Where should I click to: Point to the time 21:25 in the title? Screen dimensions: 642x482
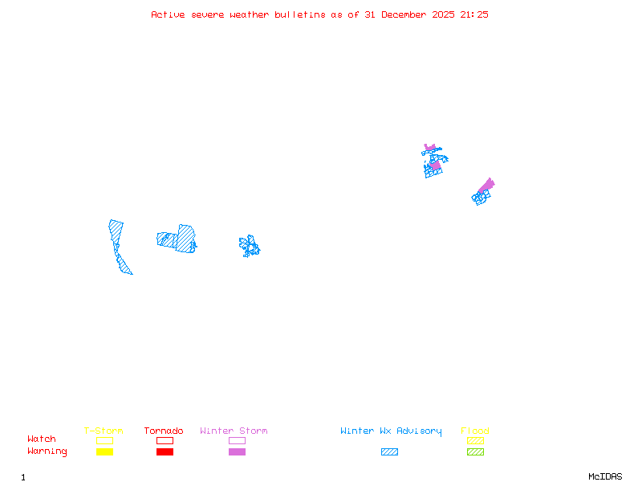473,14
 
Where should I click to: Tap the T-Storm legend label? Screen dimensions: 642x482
104,431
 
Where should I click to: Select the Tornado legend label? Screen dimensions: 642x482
164,431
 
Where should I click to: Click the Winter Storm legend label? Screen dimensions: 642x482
234,431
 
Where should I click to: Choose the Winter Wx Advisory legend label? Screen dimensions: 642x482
391,431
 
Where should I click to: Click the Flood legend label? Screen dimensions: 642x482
475,431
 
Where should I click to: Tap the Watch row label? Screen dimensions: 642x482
42,439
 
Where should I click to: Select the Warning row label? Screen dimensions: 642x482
47,451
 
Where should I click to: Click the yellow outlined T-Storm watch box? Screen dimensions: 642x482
104,440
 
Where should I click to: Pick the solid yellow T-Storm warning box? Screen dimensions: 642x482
104,452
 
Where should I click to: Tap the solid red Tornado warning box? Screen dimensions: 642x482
165,452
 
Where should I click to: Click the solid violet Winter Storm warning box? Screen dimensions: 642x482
237,452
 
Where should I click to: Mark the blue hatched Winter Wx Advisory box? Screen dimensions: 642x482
389,452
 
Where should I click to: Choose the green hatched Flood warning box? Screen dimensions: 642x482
475,452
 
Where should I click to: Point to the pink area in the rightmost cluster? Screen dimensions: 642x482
486,186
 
